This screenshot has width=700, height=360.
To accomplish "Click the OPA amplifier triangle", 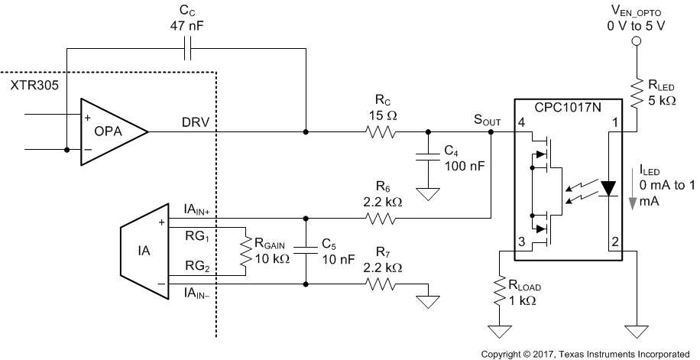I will [x=111, y=131].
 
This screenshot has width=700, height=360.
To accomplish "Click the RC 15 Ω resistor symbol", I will [x=380, y=131].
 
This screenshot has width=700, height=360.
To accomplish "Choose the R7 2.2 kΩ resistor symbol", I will [x=380, y=284].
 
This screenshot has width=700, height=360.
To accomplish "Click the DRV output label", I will [x=195, y=122].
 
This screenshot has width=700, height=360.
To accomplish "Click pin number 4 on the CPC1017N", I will [x=521, y=122].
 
